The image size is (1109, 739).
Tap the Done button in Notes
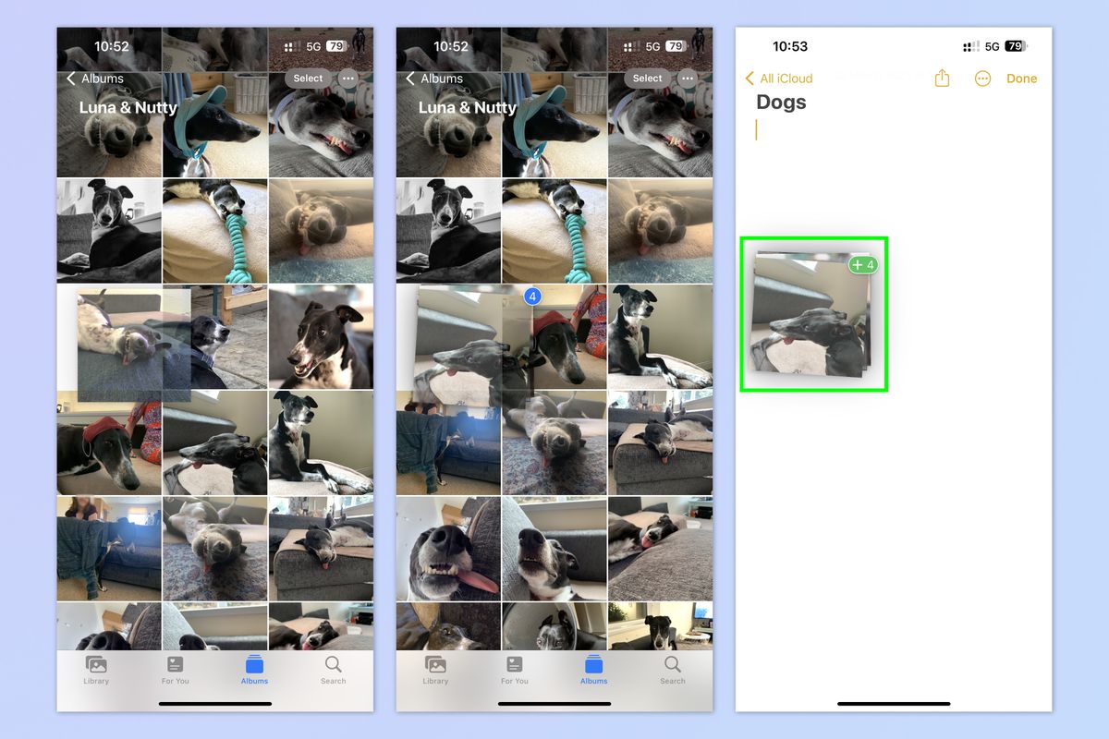[1021, 79]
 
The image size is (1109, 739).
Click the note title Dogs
[781, 103]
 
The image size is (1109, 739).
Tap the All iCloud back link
[779, 79]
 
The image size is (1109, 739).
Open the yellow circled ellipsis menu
[982, 79]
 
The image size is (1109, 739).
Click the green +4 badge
[862, 265]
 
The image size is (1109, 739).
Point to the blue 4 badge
[532, 297]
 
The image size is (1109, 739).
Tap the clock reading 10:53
[790, 46]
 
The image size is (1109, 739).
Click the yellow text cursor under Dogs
[756, 130]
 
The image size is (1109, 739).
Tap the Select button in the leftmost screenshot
[308, 79]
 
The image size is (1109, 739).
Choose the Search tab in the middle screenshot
[673, 670]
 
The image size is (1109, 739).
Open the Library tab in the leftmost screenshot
[96, 670]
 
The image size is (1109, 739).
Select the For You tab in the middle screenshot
[515, 670]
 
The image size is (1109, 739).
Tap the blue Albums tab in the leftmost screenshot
[254, 670]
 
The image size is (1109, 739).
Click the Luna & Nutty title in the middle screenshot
[468, 107]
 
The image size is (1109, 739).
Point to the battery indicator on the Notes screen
[1015, 46]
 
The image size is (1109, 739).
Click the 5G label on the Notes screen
[993, 46]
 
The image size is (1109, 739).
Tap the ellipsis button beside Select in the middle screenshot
[688, 79]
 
